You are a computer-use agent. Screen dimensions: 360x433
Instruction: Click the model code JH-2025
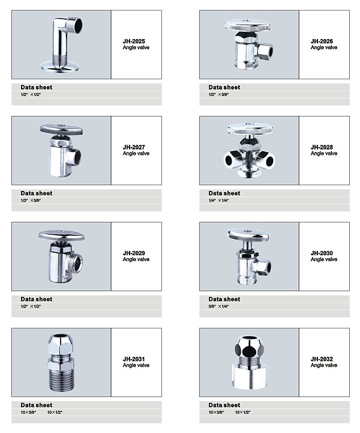134,41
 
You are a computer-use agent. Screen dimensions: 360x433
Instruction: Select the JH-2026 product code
322,41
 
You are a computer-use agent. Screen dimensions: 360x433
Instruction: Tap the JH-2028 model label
322,147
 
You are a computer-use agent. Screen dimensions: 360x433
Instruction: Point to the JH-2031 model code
134,359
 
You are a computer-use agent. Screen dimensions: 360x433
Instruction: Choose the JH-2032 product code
322,359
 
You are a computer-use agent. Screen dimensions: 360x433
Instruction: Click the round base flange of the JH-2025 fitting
60,67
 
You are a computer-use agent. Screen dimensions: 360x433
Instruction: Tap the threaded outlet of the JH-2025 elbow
75,25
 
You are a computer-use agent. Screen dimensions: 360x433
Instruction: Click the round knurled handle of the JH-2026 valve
247,25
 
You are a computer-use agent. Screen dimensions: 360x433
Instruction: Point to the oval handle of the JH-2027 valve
61,130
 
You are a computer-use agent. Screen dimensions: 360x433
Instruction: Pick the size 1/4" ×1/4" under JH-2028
219,201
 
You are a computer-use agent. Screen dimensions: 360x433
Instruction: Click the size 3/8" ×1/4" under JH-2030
219,306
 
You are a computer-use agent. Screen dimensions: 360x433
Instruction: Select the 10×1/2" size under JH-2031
55,413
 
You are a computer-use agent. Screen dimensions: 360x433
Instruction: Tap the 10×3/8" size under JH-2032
217,413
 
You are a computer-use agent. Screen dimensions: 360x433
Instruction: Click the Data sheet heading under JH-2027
37,193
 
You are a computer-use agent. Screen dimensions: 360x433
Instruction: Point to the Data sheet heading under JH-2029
37,299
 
